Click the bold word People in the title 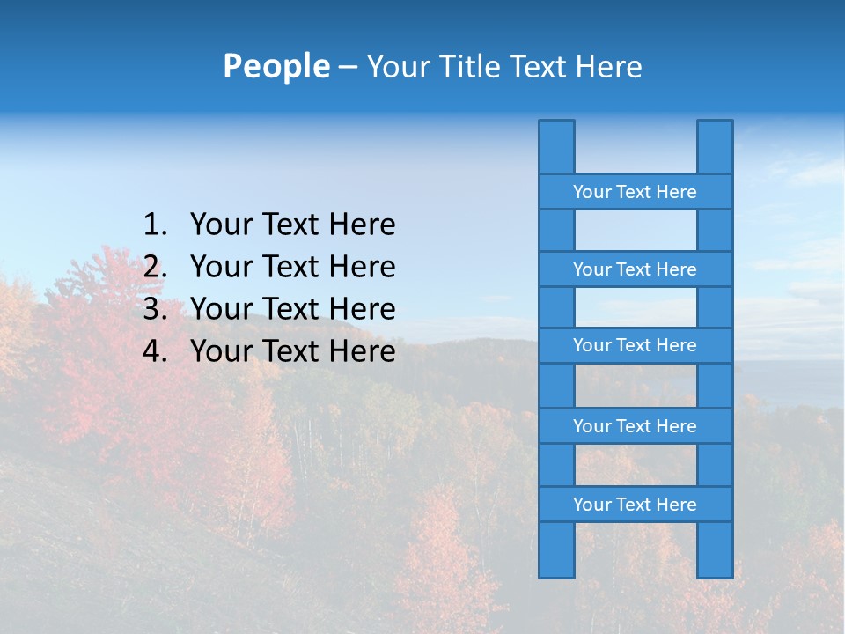click(x=276, y=67)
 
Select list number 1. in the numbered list click(x=155, y=225)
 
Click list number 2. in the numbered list click(x=155, y=267)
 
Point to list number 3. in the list click(x=155, y=309)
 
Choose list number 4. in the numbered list click(x=155, y=351)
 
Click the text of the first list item click(x=292, y=225)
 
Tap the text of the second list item click(x=292, y=267)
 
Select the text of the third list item click(x=292, y=309)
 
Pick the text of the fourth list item click(x=292, y=351)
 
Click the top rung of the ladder click(x=635, y=192)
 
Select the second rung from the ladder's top click(x=635, y=269)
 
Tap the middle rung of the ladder click(x=635, y=346)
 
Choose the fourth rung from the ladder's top click(x=635, y=426)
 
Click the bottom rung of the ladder click(x=635, y=505)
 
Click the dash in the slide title click(x=348, y=68)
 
